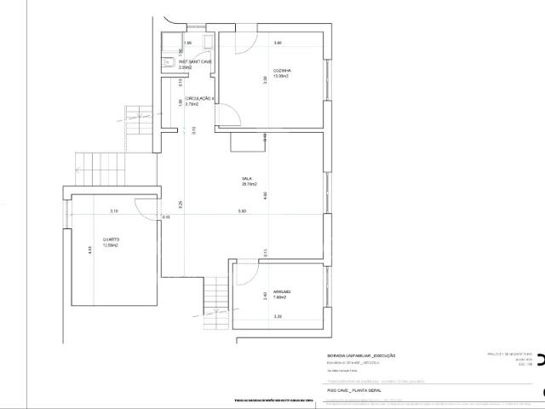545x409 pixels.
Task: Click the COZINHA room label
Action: point(282,70)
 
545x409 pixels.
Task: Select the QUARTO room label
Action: point(111,239)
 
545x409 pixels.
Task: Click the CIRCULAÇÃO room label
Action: point(200,99)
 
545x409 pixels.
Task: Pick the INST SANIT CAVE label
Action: point(195,61)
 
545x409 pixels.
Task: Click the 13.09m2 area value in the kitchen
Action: point(281,77)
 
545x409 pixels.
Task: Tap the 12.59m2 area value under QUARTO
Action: point(111,246)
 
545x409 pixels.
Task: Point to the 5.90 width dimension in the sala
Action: point(242,211)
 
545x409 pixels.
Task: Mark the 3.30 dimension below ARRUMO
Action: point(278,317)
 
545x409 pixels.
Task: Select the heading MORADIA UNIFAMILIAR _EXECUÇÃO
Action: point(361,355)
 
